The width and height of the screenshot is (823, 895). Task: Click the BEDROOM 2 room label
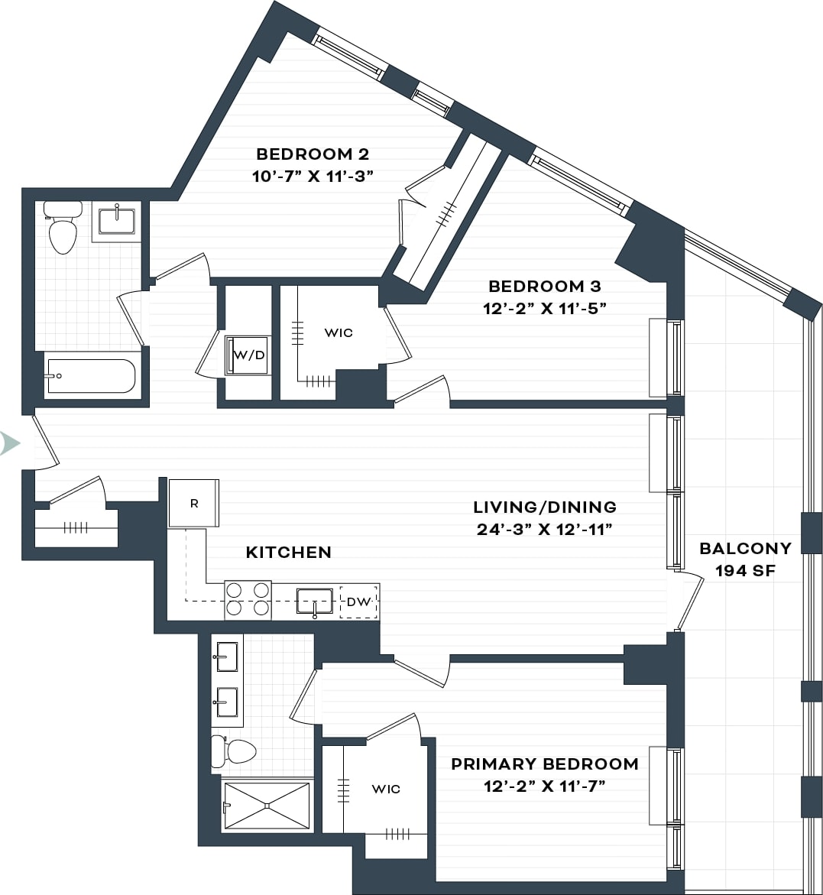click(x=313, y=154)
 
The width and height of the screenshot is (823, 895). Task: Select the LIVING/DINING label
click(x=544, y=507)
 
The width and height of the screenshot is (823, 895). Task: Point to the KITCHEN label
click(x=288, y=552)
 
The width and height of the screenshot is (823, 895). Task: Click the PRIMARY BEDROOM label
click(x=544, y=764)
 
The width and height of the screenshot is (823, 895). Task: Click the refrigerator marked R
click(x=194, y=503)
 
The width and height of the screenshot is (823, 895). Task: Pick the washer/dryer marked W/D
click(x=248, y=355)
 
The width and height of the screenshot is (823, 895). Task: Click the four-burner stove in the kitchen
click(x=248, y=599)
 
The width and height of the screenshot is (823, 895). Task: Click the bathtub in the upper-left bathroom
click(x=90, y=376)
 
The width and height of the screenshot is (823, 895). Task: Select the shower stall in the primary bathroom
click(x=266, y=805)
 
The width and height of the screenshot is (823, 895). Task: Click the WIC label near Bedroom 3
click(x=339, y=332)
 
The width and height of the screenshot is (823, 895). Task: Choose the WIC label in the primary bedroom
click(x=385, y=789)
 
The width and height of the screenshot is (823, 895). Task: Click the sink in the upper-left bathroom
click(x=117, y=221)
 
